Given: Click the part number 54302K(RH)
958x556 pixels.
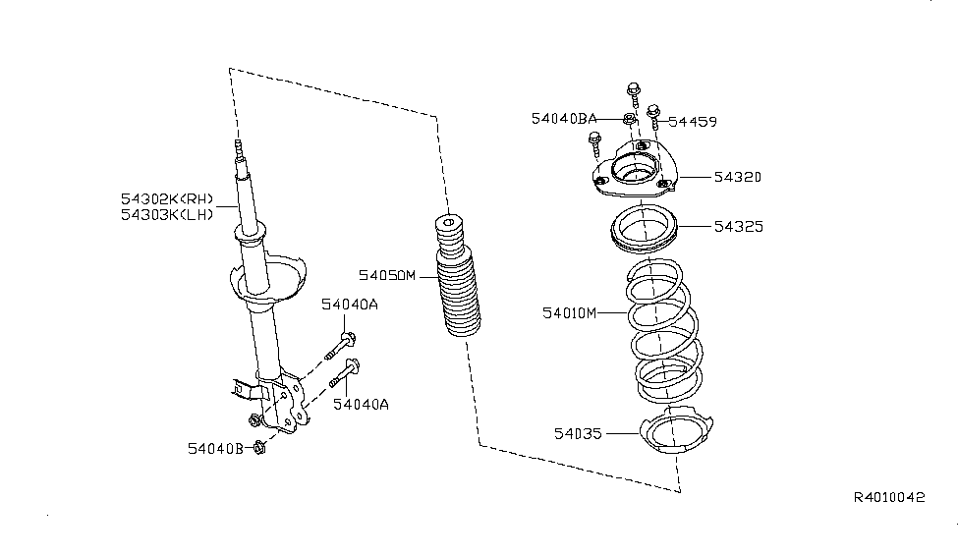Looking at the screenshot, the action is click(x=167, y=199).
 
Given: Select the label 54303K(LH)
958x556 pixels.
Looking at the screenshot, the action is click(x=167, y=214).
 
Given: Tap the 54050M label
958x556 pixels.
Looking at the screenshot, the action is click(x=387, y=276).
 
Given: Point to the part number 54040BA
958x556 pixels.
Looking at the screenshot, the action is click(x=563, y=119).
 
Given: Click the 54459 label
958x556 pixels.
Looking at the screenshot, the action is click(x=693, y=122).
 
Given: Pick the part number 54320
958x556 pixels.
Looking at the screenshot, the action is click(x=738, y=177).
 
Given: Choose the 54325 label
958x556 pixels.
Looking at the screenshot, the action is click(x=739, y=227).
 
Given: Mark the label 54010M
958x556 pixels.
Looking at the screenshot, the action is click(x=570, y=313).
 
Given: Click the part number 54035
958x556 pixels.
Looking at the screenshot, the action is click(x=578, y=434).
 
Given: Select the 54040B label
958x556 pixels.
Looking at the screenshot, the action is click(x=215, y=449).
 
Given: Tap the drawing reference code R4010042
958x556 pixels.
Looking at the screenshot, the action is click(x=889, y=497).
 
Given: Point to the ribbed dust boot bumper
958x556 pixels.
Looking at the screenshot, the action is click(x=457, y=275).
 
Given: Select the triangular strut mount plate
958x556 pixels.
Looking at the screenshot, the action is click(x=635, y=169).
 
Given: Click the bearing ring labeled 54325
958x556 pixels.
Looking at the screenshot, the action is click(x=644, y=230).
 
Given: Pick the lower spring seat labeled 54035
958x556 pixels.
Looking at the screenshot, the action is click(x=676, y=431).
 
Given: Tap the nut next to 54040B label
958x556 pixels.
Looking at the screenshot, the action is click(x=259, y=448).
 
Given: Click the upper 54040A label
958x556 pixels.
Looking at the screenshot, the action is click(x=350, y=305).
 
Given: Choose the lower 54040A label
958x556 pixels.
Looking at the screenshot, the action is click(x=361, y=405).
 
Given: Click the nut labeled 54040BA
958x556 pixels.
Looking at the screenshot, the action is click(x=629, y=119).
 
